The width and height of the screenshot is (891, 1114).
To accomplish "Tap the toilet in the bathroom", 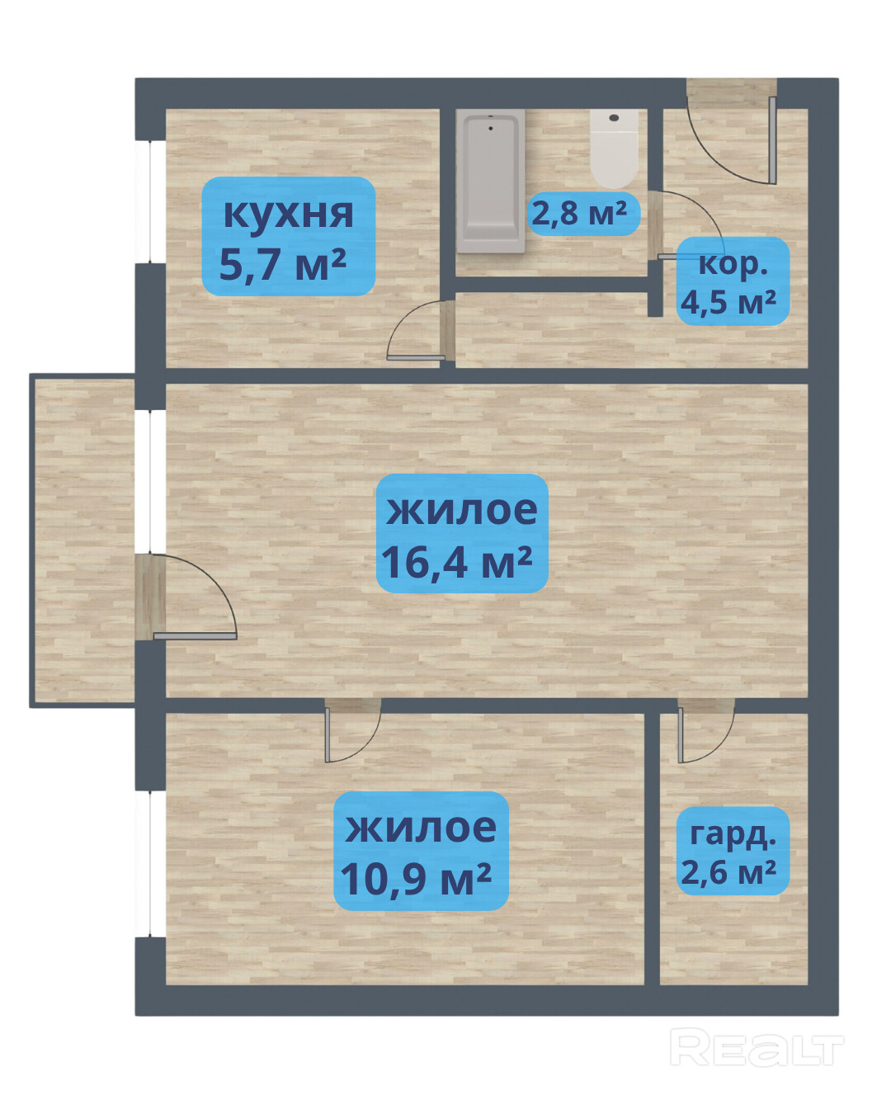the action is coord(614,149).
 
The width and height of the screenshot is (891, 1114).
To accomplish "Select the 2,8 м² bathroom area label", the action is coord(584,214).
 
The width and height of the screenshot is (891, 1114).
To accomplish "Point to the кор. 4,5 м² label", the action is coord(733,281).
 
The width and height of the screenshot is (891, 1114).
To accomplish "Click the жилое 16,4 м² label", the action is coord(462,533).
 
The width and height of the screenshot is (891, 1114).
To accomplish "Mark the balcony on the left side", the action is coord(82,540).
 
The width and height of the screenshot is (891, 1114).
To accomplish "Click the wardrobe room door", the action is coord(706,731).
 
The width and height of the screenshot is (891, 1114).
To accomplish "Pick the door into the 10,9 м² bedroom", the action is coord(353,731).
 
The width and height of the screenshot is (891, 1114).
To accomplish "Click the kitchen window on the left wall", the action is coord(150,202).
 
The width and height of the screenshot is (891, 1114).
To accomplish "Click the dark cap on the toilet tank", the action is coord(615,118).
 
